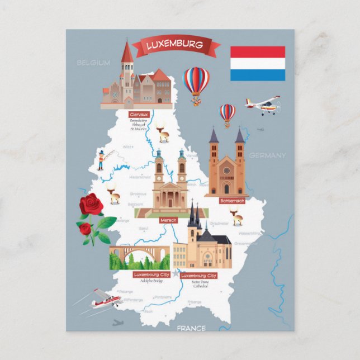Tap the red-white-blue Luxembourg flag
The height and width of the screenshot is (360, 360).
258,63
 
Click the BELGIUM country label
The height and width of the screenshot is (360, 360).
93,63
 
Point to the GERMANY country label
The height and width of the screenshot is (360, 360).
267,155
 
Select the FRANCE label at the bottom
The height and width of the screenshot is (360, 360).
191,328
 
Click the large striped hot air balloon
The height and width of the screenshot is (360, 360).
196,83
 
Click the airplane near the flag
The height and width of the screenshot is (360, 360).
263,105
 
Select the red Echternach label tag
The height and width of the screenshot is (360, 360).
233,200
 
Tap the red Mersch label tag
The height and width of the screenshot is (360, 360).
168,220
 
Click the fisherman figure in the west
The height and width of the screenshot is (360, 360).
101,159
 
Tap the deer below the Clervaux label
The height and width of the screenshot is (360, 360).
163,134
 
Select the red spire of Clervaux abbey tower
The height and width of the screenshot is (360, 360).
127,51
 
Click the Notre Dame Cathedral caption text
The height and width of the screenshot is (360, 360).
199,285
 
